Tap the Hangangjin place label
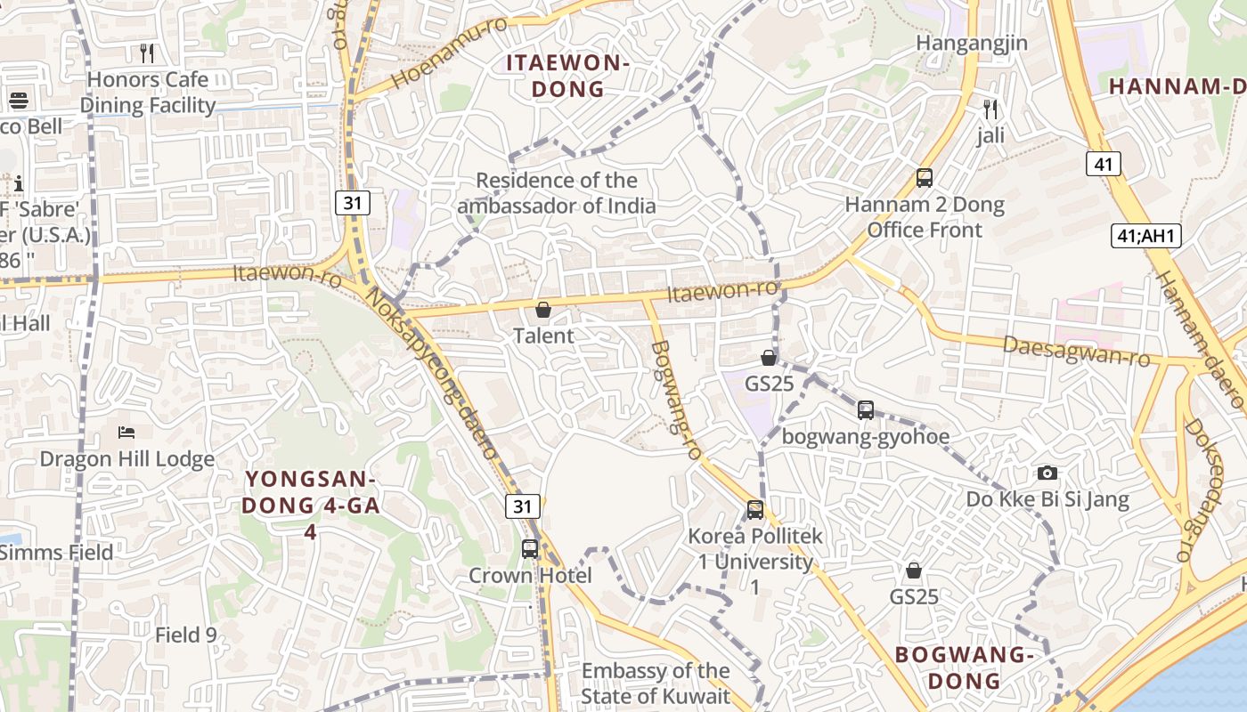972,43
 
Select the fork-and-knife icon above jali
990,109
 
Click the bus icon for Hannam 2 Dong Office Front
925,178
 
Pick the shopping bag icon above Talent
543,310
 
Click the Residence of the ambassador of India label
557,193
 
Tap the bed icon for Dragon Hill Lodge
126,433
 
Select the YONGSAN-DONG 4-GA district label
312,505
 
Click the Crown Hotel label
530,576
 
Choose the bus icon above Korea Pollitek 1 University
755,510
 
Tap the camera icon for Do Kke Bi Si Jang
1047,473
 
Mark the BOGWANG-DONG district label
964,667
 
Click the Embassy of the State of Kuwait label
656,684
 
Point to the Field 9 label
185,635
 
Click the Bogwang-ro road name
676,400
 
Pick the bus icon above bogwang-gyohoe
866,410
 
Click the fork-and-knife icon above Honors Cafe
148,53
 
